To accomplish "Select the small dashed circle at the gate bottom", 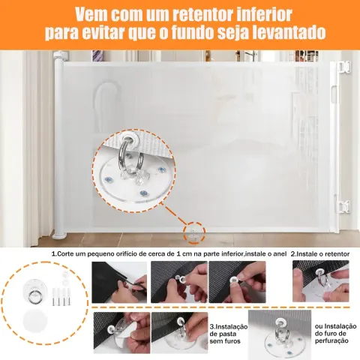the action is click(x=194, y=232).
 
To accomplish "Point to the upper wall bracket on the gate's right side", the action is click(x=344, y=67).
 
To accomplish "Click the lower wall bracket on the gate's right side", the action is click(x=344, y=207).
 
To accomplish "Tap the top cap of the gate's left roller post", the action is click(x=61, y=55).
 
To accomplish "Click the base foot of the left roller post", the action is click(x=59, y=235).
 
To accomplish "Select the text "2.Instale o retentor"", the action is click(x=320, y=254).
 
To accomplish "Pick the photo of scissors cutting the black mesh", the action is click(x=119, y=282).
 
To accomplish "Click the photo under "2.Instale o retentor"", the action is click(x=321, y=281).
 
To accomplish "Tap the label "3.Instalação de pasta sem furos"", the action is click(x=228, y=334).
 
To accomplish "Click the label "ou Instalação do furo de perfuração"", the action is click(x=335, y=333).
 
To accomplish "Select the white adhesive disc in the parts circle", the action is click(x=35, y=321).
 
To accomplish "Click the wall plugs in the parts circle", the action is click(x=61, y=297).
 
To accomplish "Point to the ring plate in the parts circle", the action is click(x=34, y=292).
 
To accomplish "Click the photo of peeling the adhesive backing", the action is click(x=121, y=333).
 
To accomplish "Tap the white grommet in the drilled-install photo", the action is click(x=280, y=322).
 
